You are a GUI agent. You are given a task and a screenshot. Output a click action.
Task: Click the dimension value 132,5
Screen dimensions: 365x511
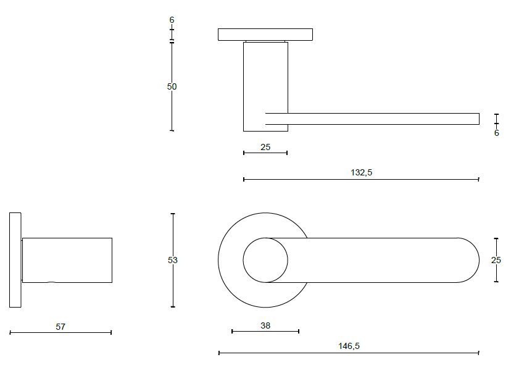click(361, 173)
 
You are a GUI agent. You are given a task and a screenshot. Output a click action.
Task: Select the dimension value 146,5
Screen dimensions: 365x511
click(349, 346)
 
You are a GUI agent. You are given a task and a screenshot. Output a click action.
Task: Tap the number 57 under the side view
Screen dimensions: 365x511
click(60, 327)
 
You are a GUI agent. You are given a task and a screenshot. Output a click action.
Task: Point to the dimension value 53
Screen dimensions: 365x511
click(173, 261)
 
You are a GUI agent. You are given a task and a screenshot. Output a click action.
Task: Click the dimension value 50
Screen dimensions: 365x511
click(172, 87)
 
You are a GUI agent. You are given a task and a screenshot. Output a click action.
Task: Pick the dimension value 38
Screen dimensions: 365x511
click(265, 325)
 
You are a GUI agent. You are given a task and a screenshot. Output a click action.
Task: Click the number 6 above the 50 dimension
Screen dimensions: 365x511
click(172, 20)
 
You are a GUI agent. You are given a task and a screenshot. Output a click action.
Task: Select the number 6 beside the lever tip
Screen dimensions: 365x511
click(496, 133)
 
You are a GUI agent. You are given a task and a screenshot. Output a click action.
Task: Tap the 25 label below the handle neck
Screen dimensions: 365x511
click(265, 147)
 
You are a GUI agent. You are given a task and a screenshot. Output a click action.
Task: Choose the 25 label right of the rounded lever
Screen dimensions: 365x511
click(496, 261)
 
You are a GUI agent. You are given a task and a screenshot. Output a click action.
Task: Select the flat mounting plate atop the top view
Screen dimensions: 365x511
click(265, 35)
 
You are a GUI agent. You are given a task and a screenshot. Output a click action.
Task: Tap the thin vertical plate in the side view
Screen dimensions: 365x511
click(15, 260)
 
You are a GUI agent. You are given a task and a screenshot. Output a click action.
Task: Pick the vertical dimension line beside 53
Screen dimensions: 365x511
click(173, 284)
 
